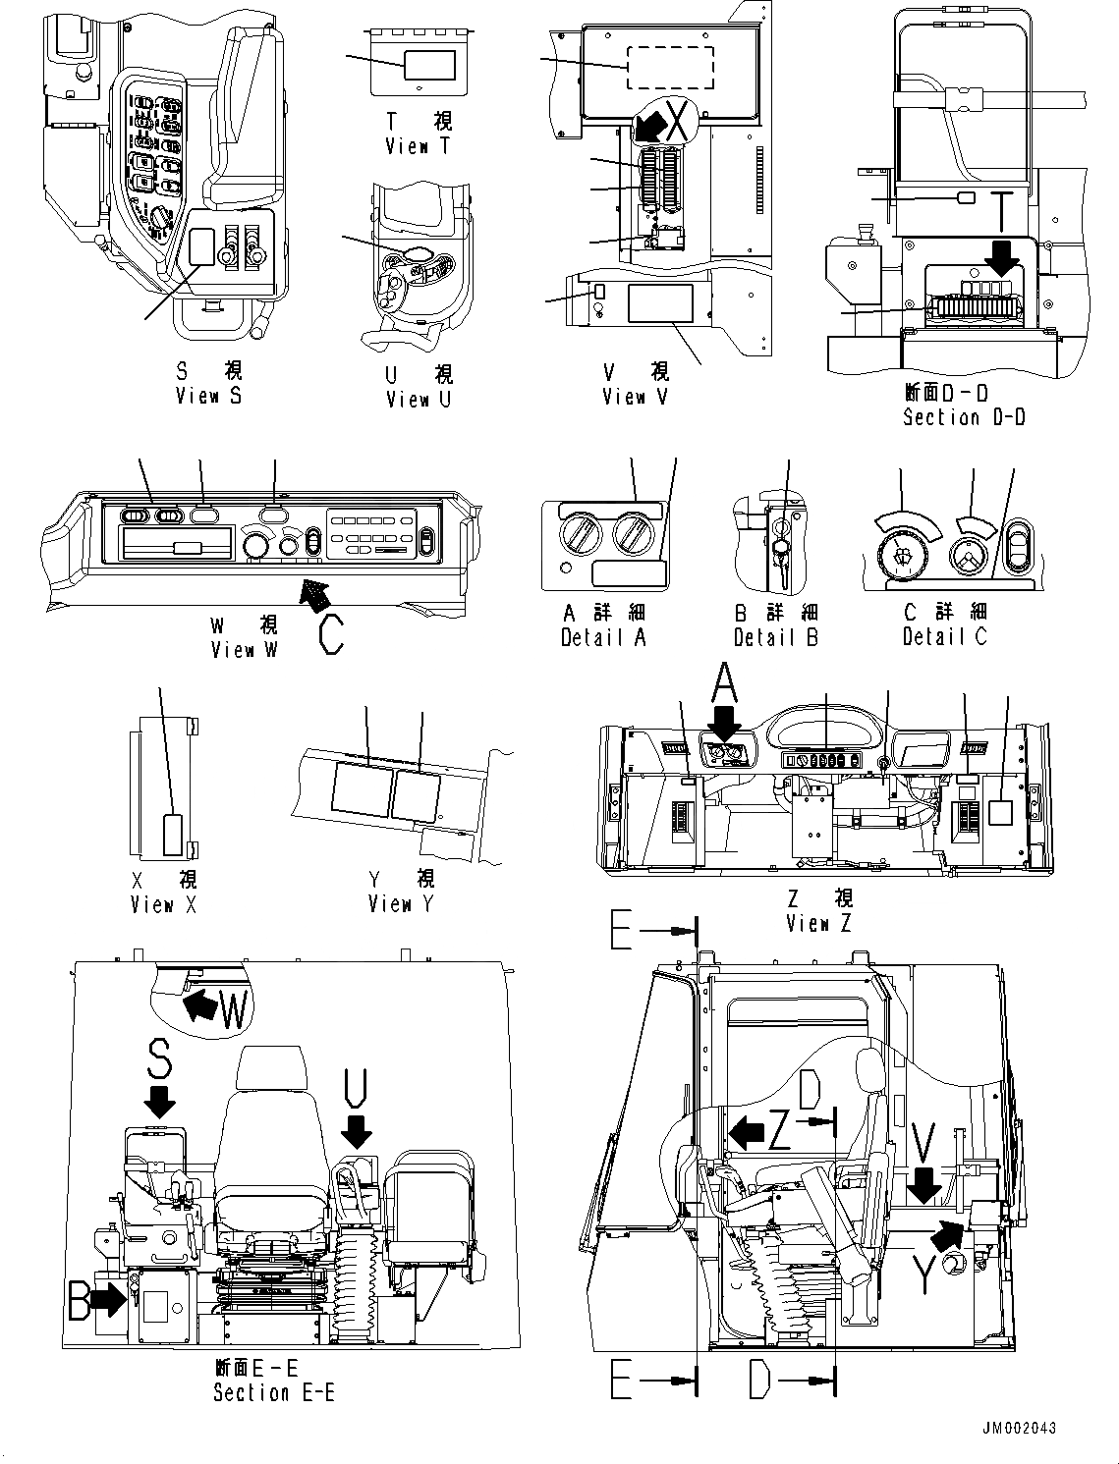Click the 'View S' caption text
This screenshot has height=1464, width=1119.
208,396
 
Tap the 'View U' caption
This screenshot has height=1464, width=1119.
419,399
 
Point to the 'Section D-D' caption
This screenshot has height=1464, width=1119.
963,417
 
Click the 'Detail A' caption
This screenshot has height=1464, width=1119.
603,637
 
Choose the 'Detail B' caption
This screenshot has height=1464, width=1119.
776,637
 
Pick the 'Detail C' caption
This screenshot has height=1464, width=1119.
944,636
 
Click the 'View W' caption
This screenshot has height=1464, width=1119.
245,650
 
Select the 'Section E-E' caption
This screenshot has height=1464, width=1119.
273,1392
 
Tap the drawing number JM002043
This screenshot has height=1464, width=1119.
1017,1428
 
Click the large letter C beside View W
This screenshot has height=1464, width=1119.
331,633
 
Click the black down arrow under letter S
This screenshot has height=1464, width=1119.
159,1099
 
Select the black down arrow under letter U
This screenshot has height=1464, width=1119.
356,1130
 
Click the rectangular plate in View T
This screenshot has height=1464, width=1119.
429,65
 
